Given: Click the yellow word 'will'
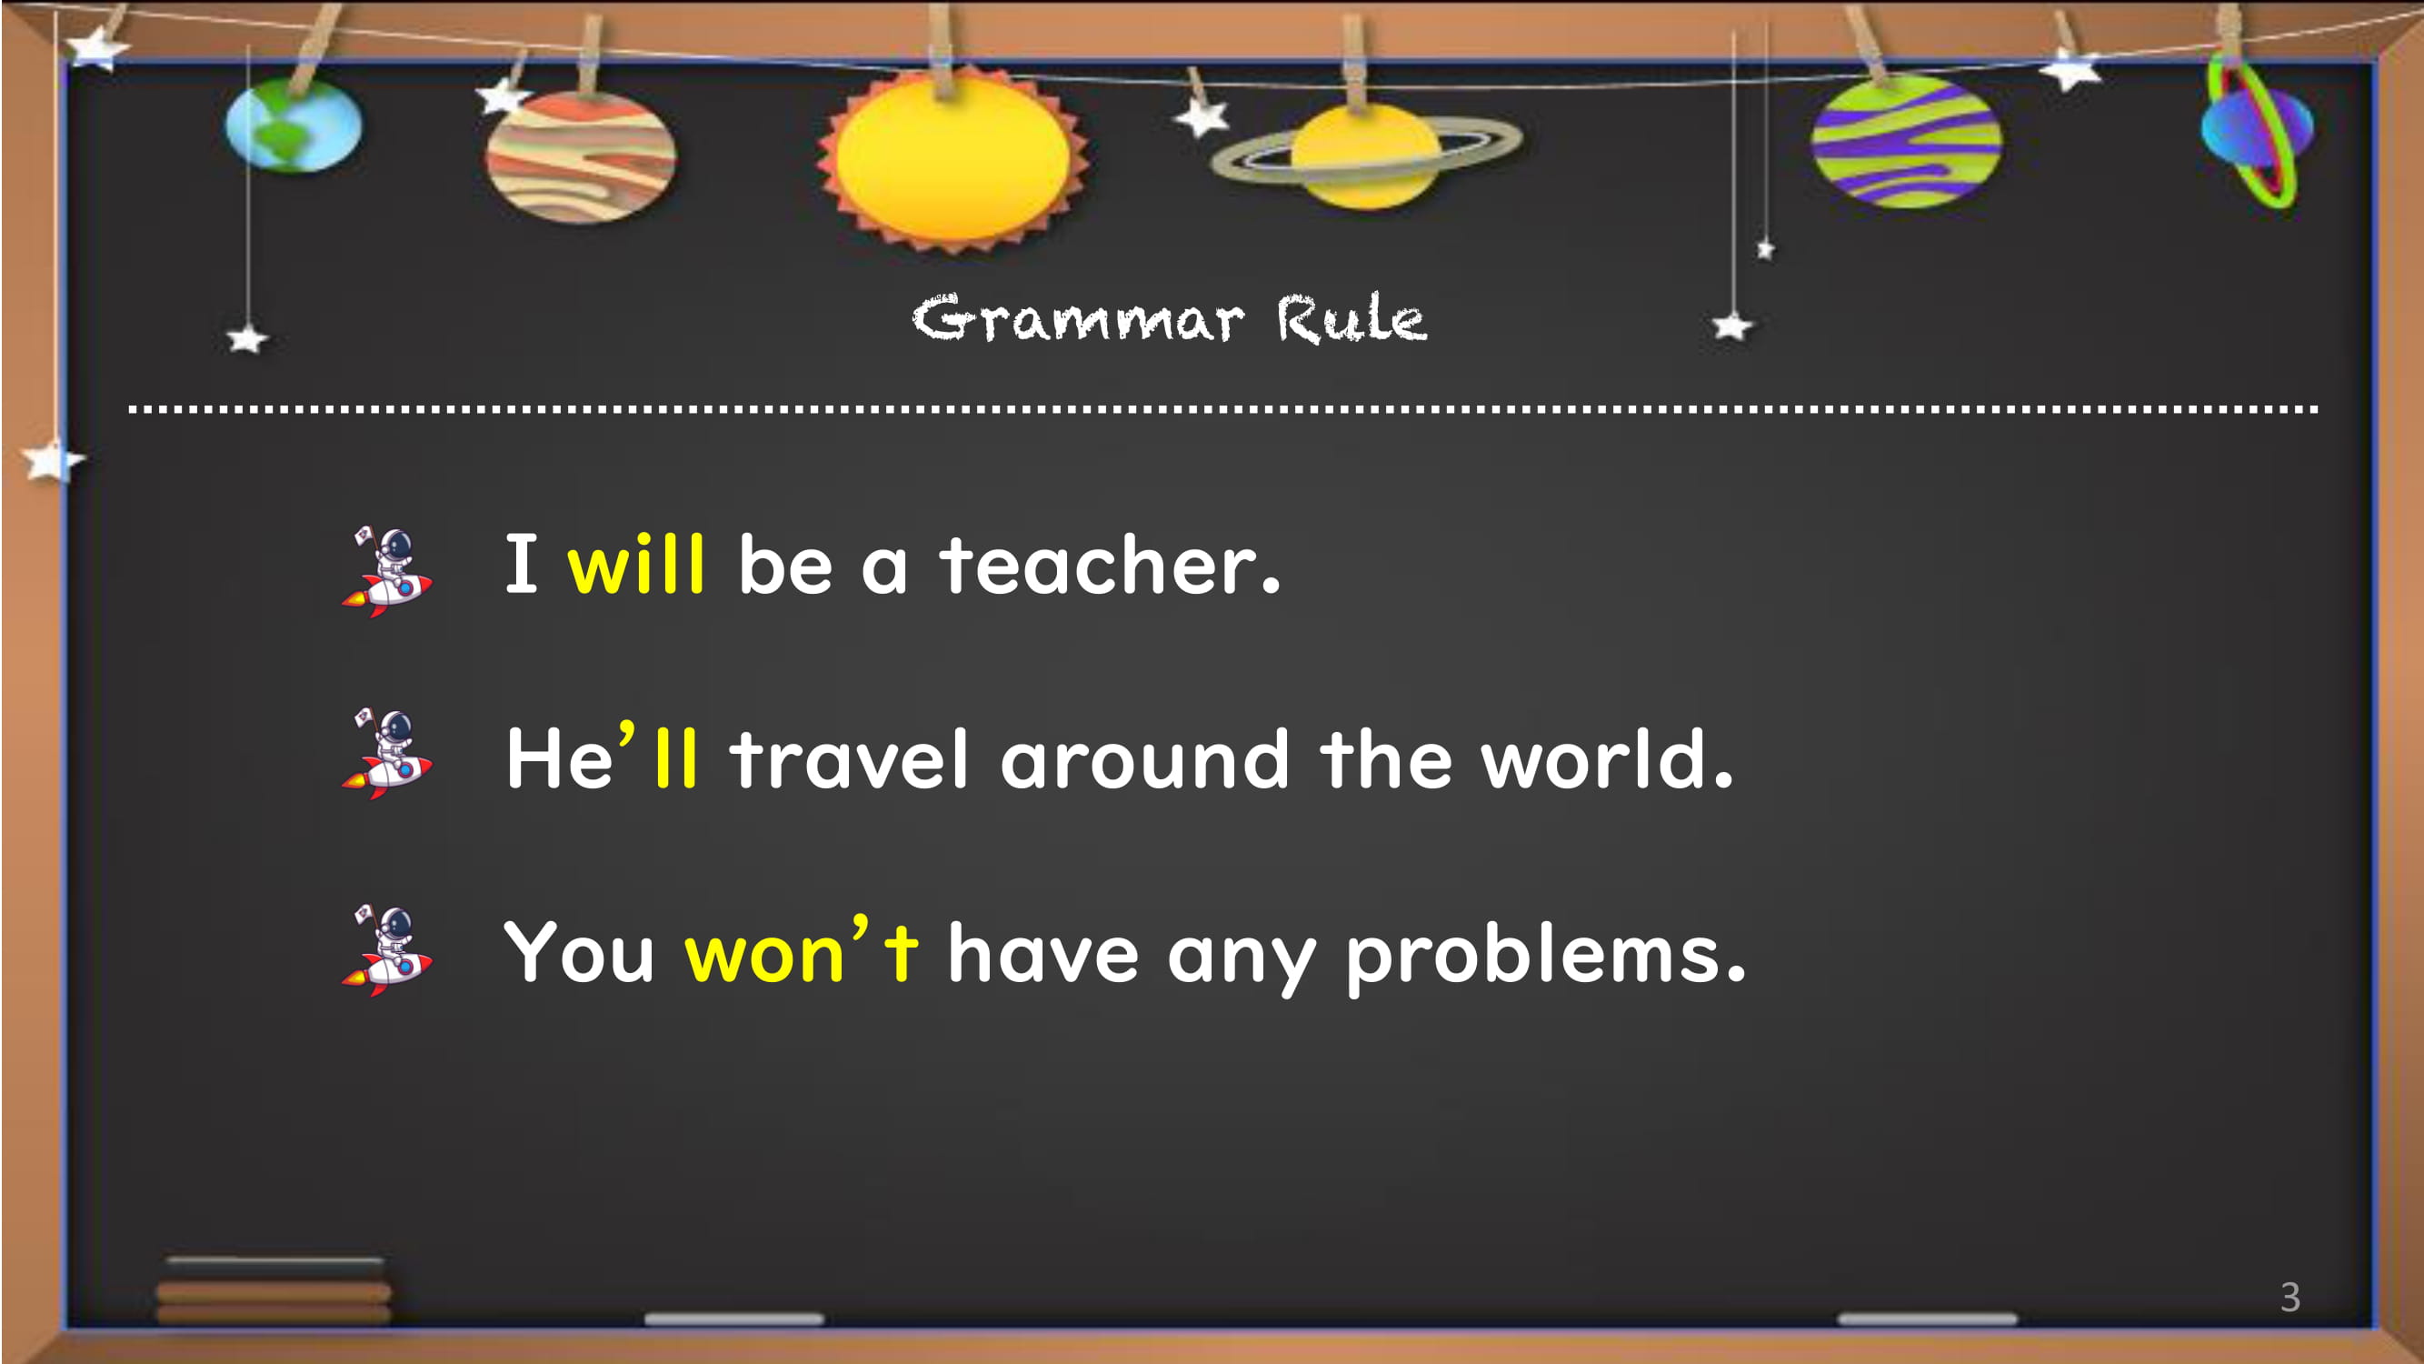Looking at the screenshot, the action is (636, 564).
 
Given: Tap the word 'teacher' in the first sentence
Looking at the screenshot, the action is (1111, 564).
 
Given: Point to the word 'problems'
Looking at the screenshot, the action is (1546, 957).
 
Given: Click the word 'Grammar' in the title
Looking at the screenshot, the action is (1078, 318).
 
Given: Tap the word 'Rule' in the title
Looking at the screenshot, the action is (1352, 318).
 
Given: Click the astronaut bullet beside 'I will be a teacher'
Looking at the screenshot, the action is (387, 572).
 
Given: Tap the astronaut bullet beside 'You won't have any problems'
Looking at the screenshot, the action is (387, 951).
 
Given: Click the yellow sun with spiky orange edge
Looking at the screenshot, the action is (953, 158).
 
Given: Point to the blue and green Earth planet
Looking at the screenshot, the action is (294, 125).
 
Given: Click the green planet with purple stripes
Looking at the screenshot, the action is (1907, 141).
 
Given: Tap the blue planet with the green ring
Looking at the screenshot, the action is (2257, 129).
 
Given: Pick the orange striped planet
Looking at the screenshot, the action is (581, 156).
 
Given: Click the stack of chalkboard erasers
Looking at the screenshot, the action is (274, 1290).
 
